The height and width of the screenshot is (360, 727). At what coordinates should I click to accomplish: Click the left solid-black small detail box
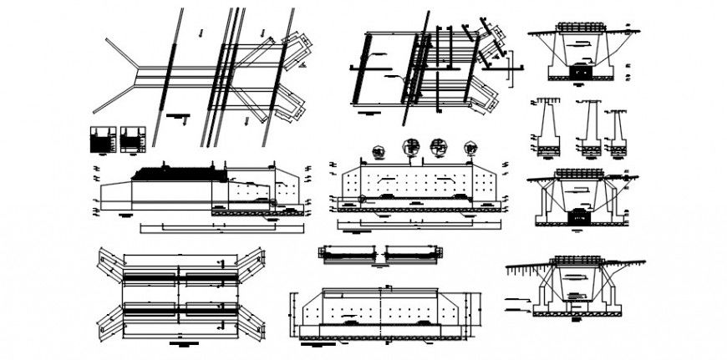[x=102, y=139]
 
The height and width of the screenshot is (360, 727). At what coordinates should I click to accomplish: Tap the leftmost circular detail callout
[x=377, y=151]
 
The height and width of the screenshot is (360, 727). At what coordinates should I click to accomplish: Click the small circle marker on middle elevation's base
[x=362, y=199]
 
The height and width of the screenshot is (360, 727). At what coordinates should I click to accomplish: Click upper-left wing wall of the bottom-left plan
[x=109, y=259]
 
